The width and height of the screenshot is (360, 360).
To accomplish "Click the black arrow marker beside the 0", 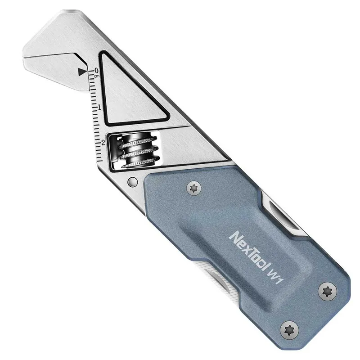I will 81,71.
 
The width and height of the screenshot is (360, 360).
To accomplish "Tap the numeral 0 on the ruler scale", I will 96,71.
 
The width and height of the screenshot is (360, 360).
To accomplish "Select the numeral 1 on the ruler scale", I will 99,107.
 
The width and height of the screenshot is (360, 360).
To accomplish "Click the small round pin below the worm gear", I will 132,182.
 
